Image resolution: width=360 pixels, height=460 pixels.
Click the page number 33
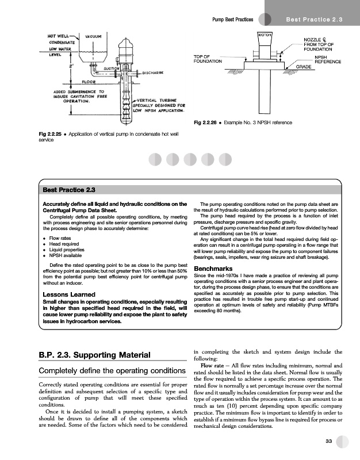328,441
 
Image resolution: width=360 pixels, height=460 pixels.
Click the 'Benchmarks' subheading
216,269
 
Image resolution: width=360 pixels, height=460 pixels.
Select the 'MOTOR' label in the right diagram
265,36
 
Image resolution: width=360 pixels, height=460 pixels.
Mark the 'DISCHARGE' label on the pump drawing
154,73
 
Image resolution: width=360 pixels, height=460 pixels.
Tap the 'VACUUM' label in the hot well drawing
94,36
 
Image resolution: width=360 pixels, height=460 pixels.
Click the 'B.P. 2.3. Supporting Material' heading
93,355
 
